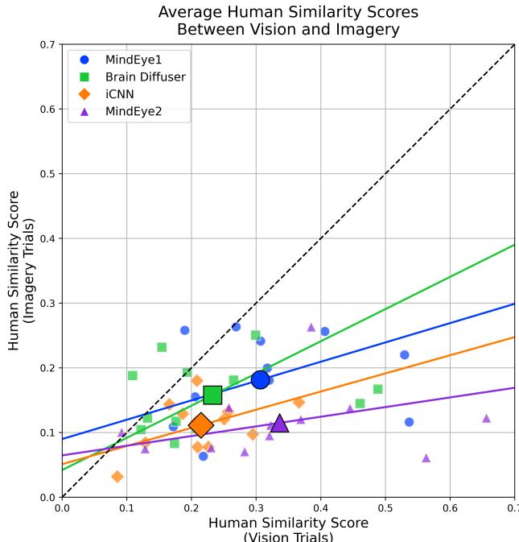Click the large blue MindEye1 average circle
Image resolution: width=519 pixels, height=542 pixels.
click(x=260, y=379)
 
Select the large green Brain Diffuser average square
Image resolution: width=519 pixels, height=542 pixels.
click(x=212, y=395)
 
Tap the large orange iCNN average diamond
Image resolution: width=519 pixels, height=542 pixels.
click(x=200, y=424)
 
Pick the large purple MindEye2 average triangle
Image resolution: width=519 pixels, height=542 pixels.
click(x=279, y=423)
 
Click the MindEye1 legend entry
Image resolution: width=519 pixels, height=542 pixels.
click(x=135, y=60)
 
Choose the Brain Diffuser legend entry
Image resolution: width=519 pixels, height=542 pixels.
click(x=145, y=77)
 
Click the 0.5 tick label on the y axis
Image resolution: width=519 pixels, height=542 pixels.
click(x=47, y=174)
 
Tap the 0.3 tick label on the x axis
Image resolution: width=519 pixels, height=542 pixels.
click(x=256, y=509)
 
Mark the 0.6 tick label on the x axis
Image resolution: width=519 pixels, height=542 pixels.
click(x=450, y=509)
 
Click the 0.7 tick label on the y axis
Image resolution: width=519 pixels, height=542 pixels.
click(x=47, y=44)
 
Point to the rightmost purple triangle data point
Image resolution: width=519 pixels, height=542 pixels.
click(x=486, y=418)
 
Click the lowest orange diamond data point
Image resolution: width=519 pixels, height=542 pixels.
click(x=117, y=477)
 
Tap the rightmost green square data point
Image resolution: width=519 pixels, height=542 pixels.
click(x=377, y=389)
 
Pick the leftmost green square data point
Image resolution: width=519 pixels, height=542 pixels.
click(x=133, y=375)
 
